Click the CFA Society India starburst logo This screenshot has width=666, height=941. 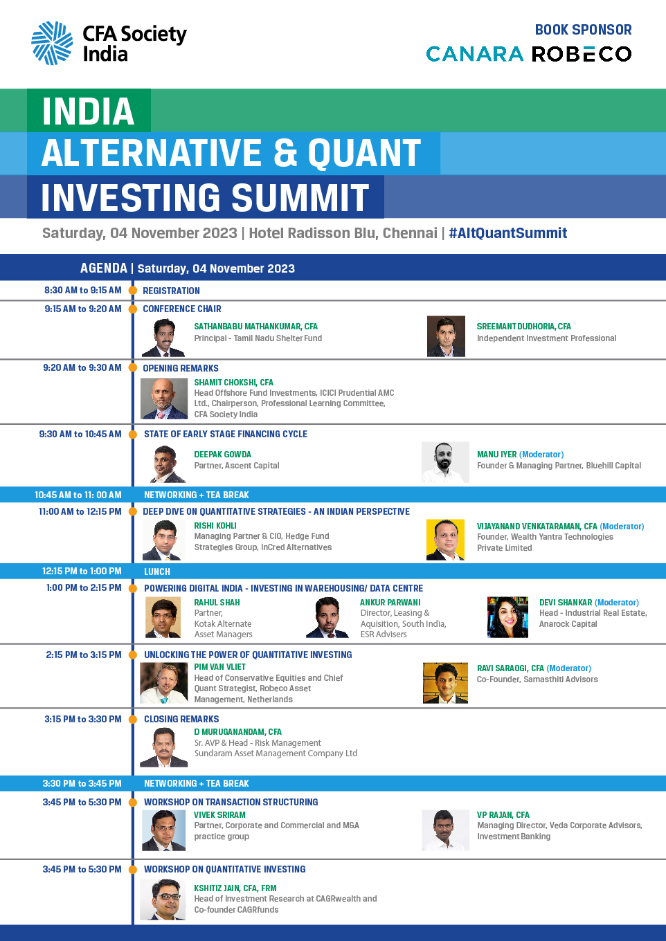52,43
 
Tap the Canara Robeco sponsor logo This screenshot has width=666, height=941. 529,54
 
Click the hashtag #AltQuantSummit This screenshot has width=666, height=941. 508,232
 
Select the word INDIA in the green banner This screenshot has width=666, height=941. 89,111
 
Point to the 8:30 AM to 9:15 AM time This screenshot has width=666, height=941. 83,291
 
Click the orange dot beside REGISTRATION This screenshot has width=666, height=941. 132,291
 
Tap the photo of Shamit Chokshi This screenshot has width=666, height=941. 164,399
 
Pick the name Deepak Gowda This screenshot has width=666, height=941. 222,454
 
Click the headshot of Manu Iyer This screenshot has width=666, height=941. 445,462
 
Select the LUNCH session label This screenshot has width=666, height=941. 157,572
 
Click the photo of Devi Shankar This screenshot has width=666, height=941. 507,617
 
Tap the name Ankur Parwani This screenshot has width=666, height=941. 390,603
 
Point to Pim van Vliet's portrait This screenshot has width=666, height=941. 164,683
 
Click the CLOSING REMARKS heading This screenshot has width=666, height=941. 181,719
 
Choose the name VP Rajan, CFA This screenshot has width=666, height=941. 503,814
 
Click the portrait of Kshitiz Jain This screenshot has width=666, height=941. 163,899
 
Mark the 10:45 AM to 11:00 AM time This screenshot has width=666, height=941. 78,495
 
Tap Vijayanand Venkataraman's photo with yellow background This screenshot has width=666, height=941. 445,540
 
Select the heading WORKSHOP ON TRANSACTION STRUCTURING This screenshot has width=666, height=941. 231,802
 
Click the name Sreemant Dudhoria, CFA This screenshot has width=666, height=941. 524,327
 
